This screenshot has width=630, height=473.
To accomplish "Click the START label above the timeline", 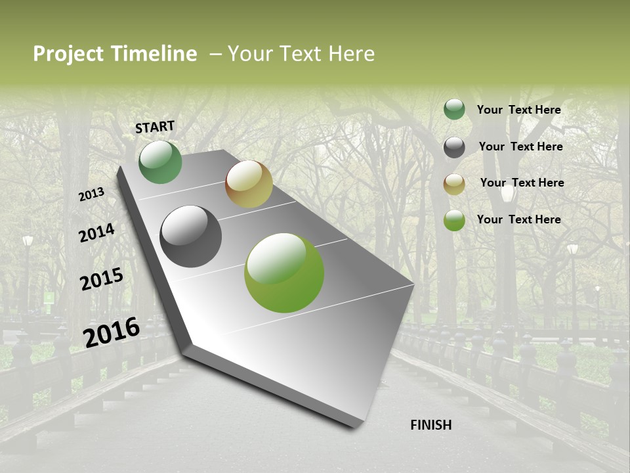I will pos(155,127).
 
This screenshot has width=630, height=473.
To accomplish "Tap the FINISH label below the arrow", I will pos(430,425).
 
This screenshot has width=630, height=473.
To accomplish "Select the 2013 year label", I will pos(91,195).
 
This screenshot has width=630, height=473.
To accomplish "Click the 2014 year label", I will pos(96,233).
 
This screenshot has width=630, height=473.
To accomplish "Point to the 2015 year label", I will pos(102,279).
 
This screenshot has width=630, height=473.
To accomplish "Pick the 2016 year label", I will pos(112,332).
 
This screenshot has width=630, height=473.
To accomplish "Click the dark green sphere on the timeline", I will pos(160,162).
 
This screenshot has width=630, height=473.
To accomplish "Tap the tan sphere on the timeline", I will pos(249,184).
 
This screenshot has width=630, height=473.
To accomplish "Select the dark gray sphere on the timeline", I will pos(190,236).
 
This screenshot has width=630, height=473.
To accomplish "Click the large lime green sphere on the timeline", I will pos(284,273).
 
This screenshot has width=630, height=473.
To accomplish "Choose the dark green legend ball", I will pos(454,110).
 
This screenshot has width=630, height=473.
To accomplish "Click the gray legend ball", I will pos(454,147).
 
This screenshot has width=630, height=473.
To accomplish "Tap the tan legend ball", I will pos(454,184).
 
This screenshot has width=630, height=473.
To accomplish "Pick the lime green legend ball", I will pos(454,221).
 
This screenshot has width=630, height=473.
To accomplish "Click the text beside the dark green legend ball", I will pos(518,110).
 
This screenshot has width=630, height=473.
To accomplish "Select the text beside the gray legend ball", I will pos(520,146).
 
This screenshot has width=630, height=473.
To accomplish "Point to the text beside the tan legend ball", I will pos(522,183).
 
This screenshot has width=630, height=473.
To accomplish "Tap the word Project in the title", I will pos(68,54).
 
